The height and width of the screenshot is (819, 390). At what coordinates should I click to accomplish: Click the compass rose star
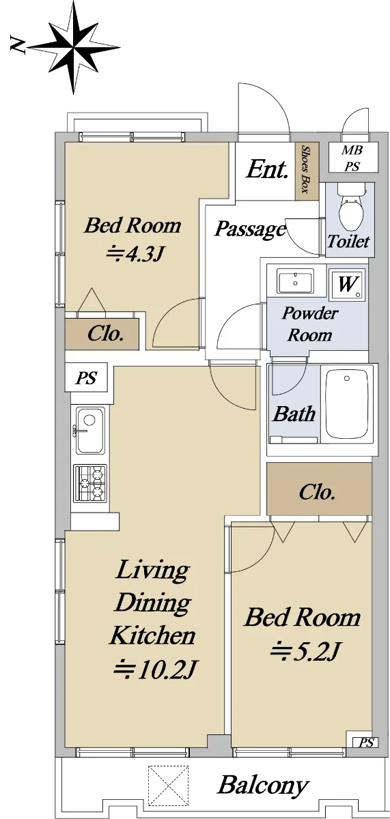click(x=74, y=48)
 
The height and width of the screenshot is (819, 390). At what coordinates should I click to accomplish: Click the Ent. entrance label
click(x=266, y=169)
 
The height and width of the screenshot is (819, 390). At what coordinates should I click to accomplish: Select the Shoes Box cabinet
click(x=307, y=171)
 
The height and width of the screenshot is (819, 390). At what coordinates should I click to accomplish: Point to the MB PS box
click(x=352, y=158)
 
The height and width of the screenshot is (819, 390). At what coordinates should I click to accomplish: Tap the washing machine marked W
click(x=347, y=284)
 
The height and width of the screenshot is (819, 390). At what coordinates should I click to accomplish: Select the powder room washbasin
click(x=295, y=281)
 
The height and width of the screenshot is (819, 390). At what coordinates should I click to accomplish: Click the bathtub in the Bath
click(x=346, y=404)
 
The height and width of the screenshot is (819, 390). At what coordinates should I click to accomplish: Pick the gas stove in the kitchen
click(x=90, y=483)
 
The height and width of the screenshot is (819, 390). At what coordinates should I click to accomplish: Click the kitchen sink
click(x=90, y=430)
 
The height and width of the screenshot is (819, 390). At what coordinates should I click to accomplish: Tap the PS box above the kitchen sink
click(x=86, y=377)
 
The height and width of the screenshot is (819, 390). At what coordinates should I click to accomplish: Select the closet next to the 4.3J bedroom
click(x=102, y=334)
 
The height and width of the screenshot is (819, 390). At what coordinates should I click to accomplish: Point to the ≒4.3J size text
click(x=134, y=254)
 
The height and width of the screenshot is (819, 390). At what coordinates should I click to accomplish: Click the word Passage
click(x=249, y=229)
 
